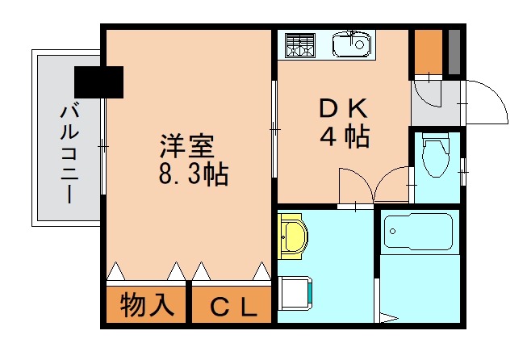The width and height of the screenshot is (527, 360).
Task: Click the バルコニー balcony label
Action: (68, 153)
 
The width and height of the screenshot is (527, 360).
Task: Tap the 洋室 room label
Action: (186, 147)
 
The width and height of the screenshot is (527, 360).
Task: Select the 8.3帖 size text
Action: (194, 174)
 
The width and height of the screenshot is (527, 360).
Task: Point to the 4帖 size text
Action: (345, 137)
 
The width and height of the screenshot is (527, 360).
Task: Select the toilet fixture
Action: (436, 155)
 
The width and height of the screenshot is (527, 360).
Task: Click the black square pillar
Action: (98, 81)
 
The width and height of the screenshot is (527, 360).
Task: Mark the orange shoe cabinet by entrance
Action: (428, 52)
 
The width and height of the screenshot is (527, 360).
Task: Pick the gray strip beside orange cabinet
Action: (454, 52)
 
